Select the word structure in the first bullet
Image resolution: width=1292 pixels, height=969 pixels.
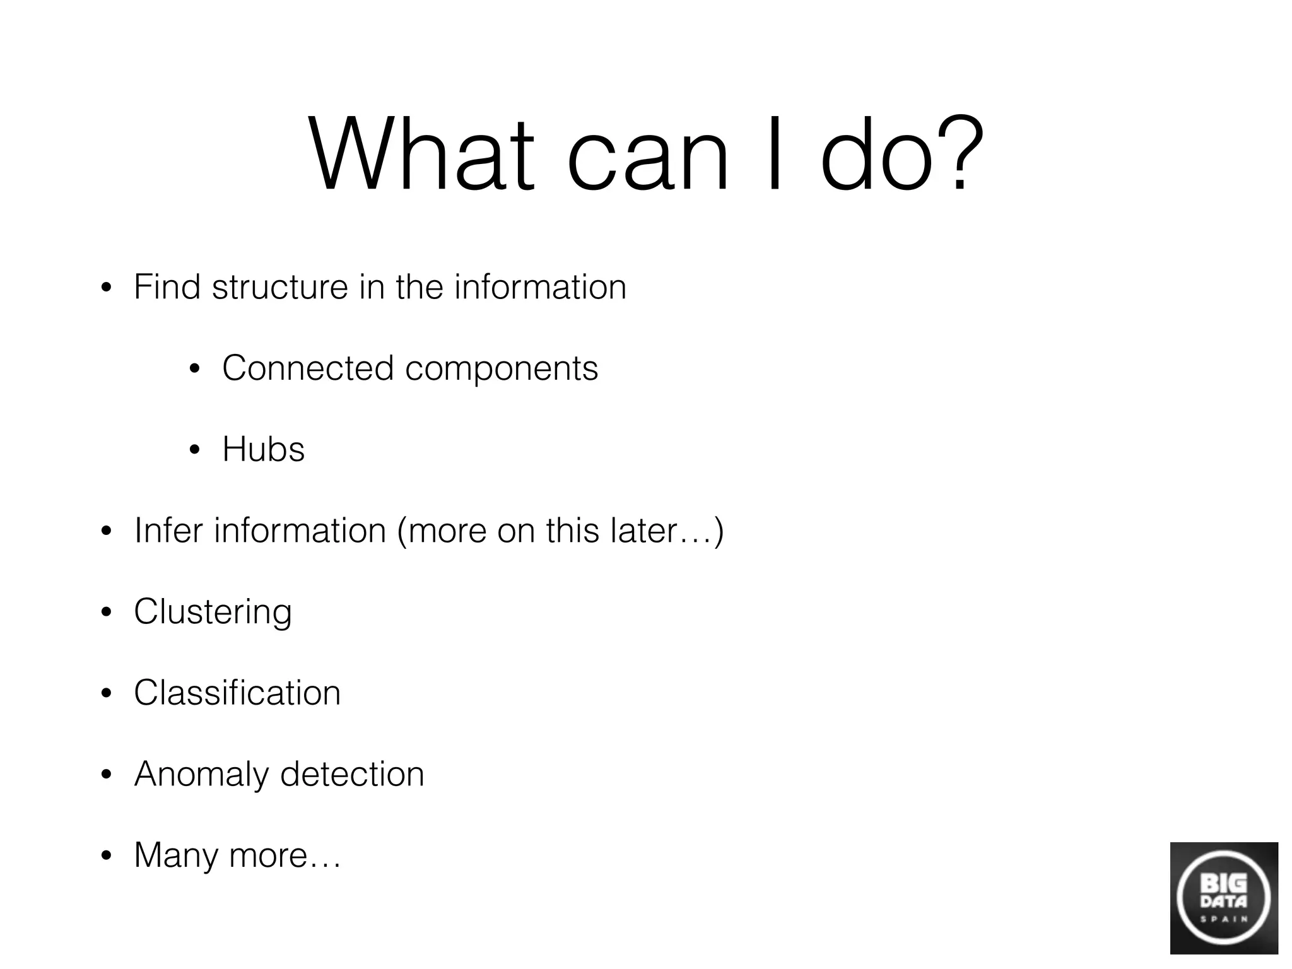pyautogui.click(x=279, y=288)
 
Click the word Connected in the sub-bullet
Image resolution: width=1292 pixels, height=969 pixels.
pyautogui.click(x=308, y=368)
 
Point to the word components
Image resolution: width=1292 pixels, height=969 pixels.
pyautogui.click(x=502, y=369)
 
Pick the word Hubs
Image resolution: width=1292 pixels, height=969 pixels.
pyautogui.click(x=263, y=449)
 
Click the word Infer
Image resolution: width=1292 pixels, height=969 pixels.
pyautogui.click(x=168, y=530)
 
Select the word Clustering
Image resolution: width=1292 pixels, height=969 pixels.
pyautogui.click(x=213, y=612)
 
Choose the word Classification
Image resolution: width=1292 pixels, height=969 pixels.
pyautogui.click(x=237, y=693)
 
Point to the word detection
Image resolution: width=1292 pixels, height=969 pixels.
pyautogui.click(x=352, y=773)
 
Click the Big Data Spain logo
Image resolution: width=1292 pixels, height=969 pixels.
pyautogui.click(x=1223, y=898)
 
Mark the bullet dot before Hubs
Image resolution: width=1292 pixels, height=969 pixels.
pyautogui.click(x=194, y=450)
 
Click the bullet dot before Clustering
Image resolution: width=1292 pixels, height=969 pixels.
pyautogui.click(x=106, y=613)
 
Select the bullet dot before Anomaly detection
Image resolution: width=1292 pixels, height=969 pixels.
pyautogui.click(x=106, y=775)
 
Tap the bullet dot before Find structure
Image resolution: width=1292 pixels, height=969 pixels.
pyautogui.click(x=106, y=288)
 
